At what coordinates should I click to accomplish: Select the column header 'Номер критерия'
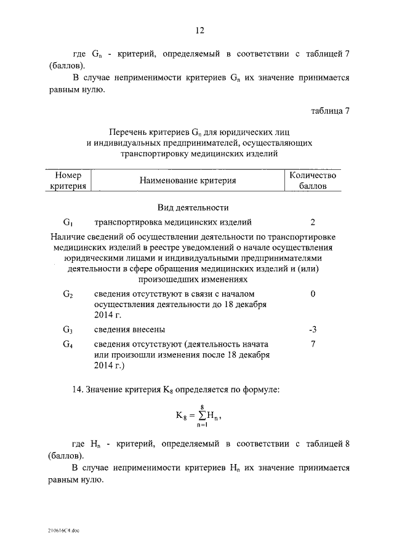68,180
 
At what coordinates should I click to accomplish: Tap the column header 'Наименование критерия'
188,181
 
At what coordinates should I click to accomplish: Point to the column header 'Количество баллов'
313,180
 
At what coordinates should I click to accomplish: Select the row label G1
68,223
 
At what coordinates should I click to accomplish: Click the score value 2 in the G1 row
313,222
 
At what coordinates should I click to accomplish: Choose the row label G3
68,330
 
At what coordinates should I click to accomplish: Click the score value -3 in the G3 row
313,329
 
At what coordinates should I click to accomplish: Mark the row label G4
68,345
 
